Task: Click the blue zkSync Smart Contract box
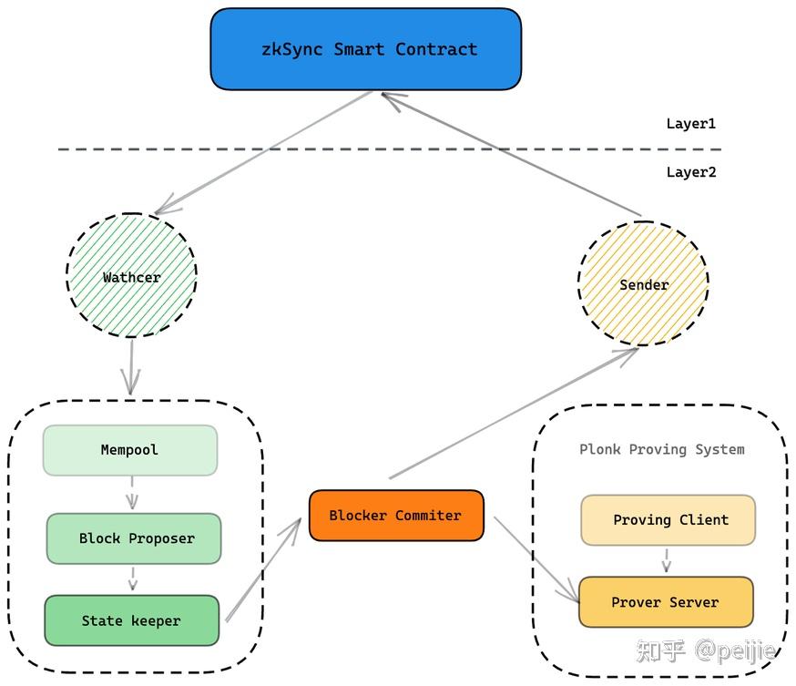(x=365, y=49)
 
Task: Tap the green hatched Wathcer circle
(x=131, y=277)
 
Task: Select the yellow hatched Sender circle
(x=643, y=284)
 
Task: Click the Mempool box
(x=129, y=450)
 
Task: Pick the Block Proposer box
(x=134, y=538)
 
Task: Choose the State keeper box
(x=131, y=620)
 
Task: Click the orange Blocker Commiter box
(x=396, y=516)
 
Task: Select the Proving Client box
(x=668, y=520)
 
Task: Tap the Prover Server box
(x=666, y=602)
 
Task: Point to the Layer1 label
(x=690, y=124)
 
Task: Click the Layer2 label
(x=690, y=172)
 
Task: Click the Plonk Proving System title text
(x=662, y=449)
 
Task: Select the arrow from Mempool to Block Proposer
(x=132, y=493)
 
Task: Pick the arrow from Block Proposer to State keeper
(x=133, y=578)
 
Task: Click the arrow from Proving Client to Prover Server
(x=667, y=560)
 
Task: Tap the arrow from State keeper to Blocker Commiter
(x=263, y=570)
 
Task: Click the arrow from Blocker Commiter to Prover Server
(x=536, y=559)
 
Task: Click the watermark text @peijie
(x=736, y=650)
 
